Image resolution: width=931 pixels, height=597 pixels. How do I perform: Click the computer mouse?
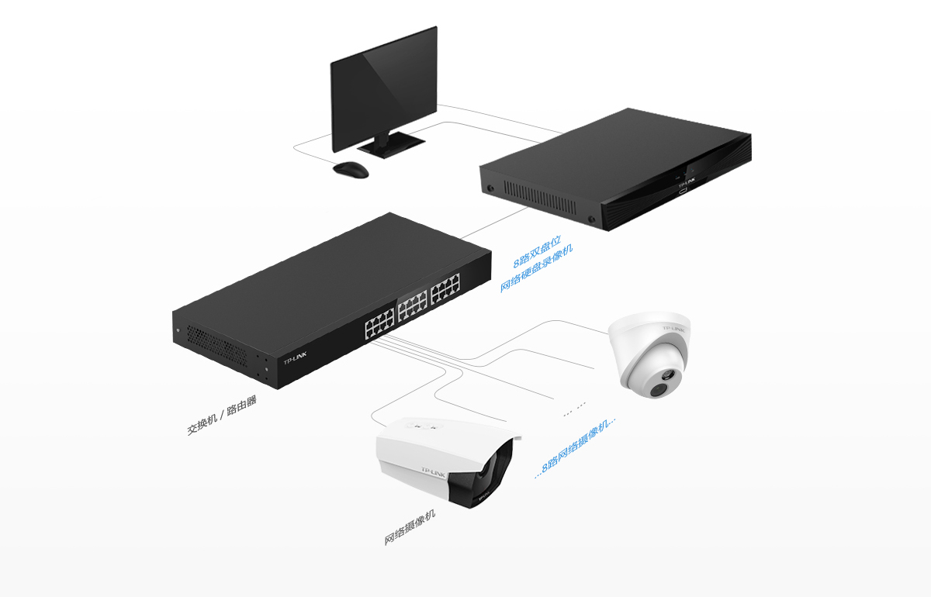351,170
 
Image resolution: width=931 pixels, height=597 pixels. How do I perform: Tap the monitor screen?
383,89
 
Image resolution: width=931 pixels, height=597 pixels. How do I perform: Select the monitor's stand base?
391,144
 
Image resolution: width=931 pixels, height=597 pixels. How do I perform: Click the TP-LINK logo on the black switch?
295,358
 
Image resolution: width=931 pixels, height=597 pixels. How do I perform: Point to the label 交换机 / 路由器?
222,415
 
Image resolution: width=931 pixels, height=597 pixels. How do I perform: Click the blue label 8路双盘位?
537,252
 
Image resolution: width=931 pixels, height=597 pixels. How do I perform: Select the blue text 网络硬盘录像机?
537,268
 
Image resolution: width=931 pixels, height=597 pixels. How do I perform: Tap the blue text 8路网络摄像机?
575,448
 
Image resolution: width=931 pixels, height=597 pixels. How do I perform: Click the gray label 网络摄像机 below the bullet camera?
410,527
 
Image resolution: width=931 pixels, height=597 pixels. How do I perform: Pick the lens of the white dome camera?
659,390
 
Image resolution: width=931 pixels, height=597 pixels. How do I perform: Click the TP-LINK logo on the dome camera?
673,329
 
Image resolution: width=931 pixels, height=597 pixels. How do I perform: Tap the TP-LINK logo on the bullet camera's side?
433,472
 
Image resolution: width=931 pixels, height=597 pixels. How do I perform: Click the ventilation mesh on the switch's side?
216,347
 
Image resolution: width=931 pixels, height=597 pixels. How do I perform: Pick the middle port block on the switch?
412,306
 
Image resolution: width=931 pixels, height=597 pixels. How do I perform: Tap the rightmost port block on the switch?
445,288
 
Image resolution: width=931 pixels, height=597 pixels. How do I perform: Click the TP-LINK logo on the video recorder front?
687,182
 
